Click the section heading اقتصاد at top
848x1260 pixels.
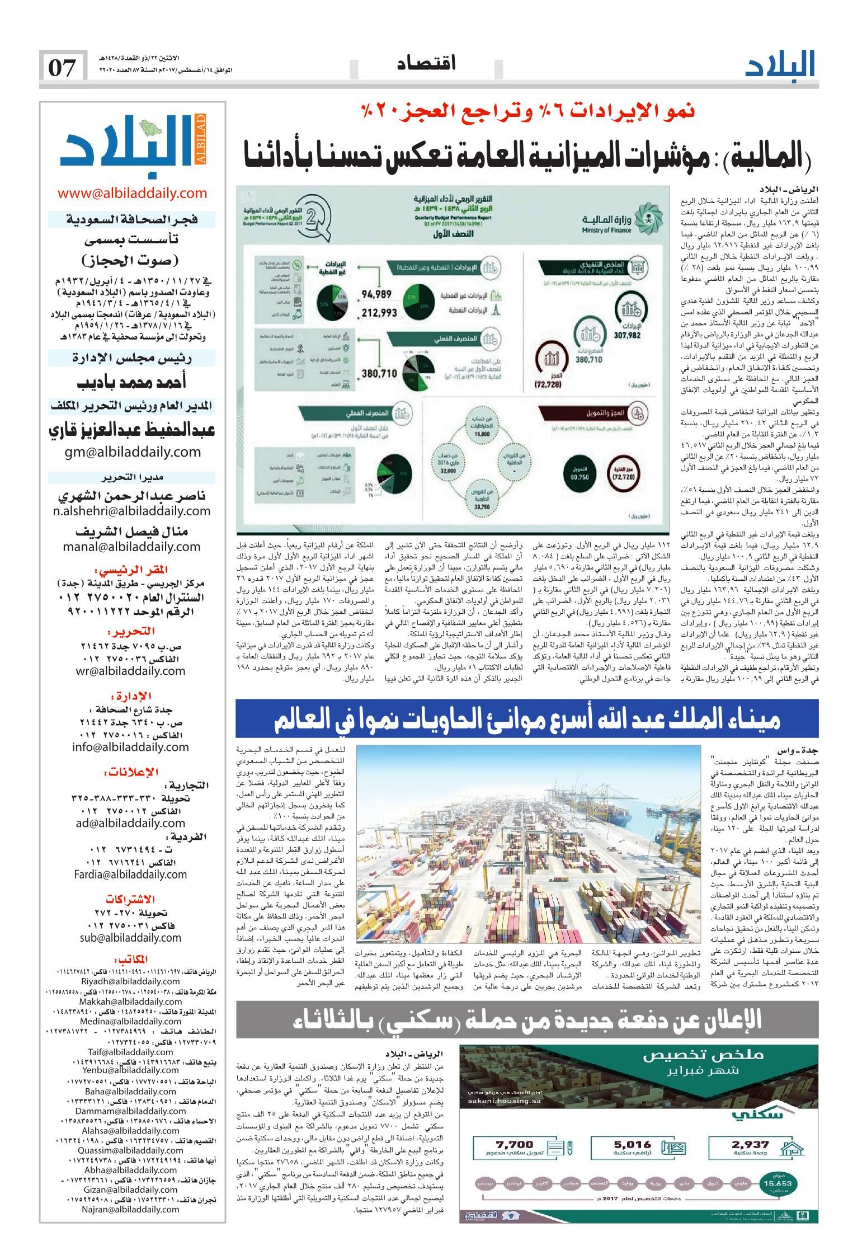pyautogui.click(x=426, y=63)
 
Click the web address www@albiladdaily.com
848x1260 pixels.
pyautogui.click(x=133, y=194)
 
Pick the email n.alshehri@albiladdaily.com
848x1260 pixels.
pyautogui.click(x=133, y=511)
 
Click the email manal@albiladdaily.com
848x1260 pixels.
pyautogui.click(x=133, y=547)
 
